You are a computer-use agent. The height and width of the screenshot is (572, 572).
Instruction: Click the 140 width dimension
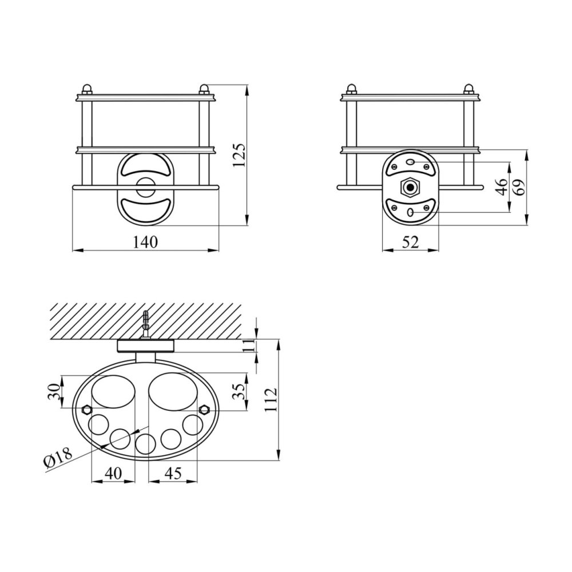pos(145,242)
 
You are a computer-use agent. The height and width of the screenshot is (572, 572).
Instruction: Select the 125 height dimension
pos(240,156)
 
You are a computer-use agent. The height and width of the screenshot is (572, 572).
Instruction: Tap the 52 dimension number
pos(410,242)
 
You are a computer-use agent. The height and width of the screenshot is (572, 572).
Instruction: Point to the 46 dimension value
pos(502,187)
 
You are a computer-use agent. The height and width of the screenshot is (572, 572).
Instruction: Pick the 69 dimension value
pos(519,187)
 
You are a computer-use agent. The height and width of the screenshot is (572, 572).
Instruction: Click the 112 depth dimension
pos(271,400)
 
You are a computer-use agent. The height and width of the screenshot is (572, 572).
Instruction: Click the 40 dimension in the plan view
pos(113,473)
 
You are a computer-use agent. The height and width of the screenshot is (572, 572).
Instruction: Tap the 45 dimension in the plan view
pos(173,473)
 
